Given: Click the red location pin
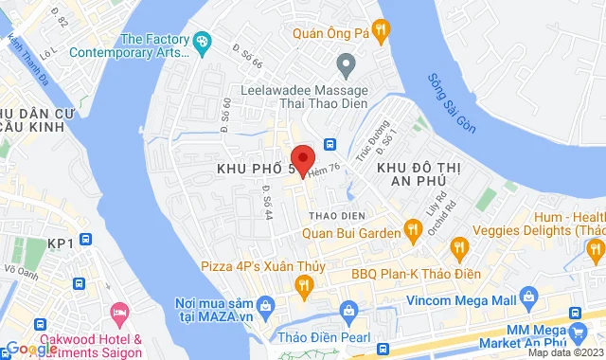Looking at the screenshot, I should [302, 158].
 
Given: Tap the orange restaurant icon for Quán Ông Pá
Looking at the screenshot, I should [381, 30].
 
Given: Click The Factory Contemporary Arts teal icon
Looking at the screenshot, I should [202, 43].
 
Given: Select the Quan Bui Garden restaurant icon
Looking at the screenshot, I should [412, 230].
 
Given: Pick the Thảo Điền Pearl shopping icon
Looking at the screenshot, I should [348, 311].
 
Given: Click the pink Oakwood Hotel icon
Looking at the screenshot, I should [118, 312].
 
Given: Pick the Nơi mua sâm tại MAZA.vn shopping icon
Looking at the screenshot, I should [267, 304].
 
